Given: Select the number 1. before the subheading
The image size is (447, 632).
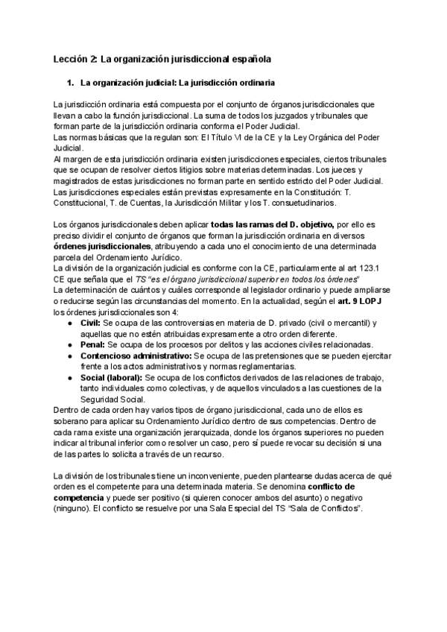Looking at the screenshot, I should (72, 82).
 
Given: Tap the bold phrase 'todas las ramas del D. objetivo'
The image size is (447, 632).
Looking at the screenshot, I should (273, 224).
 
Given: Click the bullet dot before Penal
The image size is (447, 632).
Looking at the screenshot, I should (69, 346).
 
